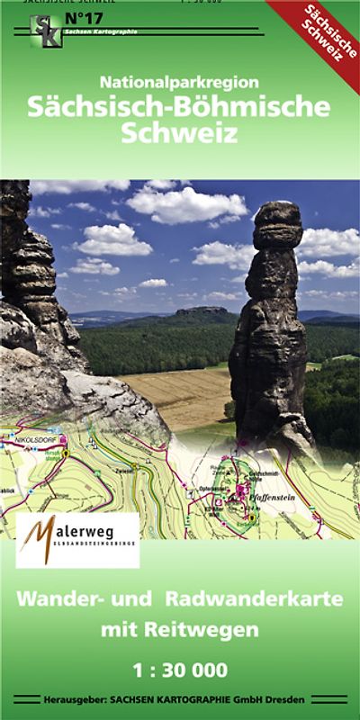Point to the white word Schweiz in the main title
coord(179,136)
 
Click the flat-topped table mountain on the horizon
coord(193,315)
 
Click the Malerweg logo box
coord(78,540)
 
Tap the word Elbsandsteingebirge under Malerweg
coord(94,555)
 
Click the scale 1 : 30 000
coord(179,670)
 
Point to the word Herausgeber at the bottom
coord(74,699)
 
